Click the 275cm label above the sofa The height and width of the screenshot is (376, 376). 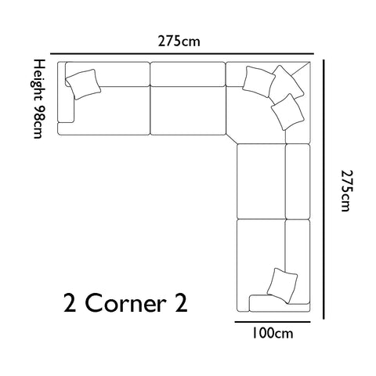179,42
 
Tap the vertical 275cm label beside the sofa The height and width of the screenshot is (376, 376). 348,190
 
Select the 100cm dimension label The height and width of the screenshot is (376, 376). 273,334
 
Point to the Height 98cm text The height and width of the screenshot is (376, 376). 38,99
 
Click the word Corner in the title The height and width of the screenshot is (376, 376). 125,303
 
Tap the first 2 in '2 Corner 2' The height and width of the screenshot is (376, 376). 70,303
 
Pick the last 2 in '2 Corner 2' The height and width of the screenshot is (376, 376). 181,303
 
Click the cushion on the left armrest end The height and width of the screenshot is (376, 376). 83,84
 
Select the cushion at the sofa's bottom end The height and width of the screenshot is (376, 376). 282,286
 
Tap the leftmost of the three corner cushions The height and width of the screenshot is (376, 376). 258,81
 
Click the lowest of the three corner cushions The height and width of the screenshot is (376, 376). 287,112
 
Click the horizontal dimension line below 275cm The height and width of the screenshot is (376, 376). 182,54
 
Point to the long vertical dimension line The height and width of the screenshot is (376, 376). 324,190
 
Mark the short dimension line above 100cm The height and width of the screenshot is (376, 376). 273,322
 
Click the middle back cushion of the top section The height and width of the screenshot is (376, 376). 188,74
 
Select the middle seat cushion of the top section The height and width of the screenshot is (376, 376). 188,110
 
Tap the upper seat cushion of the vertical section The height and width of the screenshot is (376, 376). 261,181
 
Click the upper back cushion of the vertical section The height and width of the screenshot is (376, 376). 298,182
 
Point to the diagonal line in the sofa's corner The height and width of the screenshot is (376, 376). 300,69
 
